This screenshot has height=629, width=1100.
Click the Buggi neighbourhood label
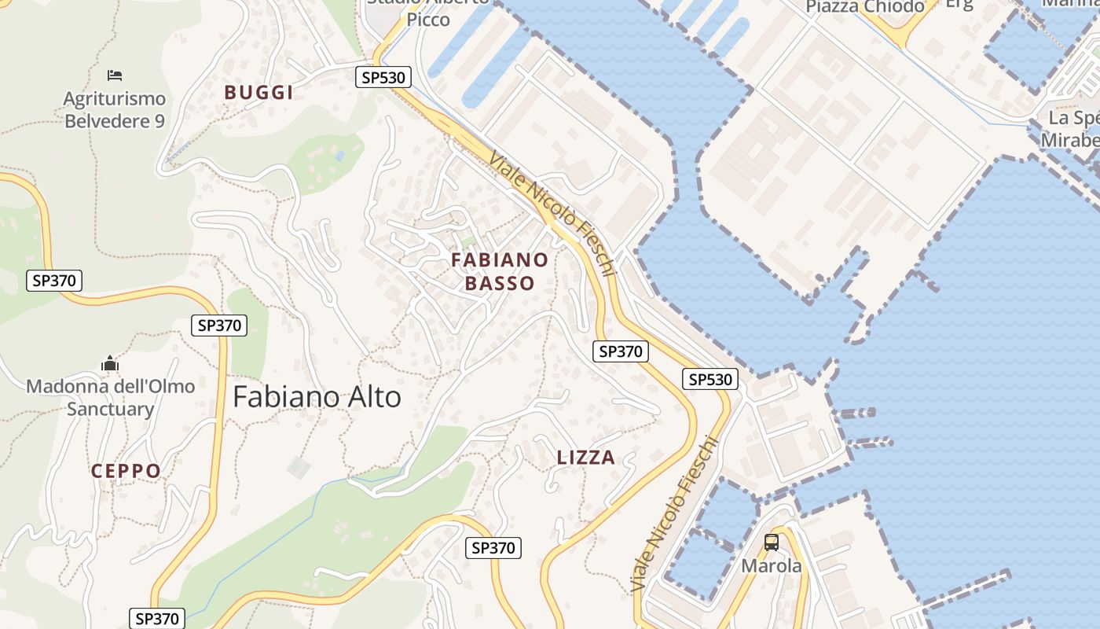coord(258,93)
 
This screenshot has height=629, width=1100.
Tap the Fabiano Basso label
coord(500,271)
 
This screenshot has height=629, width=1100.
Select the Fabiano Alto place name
coord(317,397)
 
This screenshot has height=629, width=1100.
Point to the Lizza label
coord(585,458)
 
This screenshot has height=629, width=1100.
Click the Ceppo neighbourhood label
coord(126,471)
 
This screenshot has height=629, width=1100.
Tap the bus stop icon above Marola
coord(772,543)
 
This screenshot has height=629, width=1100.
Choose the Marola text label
coord(772,566)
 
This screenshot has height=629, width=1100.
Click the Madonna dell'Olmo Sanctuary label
coord(110,398)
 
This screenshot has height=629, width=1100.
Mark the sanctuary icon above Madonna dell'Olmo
coord(110,364)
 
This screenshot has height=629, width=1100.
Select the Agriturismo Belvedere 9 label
coord(115,110)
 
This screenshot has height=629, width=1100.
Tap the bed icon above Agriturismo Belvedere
coord(115,75)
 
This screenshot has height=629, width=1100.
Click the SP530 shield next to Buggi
coord(383,77)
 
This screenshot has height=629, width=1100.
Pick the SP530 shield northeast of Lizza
coord(710,380)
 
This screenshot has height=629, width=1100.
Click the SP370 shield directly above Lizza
coord(621,351)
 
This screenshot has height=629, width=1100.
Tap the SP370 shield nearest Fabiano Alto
coord(219,325)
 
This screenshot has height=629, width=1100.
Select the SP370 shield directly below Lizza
coord(493,548)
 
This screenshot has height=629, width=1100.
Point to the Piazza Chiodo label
coord(864,7)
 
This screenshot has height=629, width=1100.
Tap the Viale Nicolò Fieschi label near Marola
coord(676,515)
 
